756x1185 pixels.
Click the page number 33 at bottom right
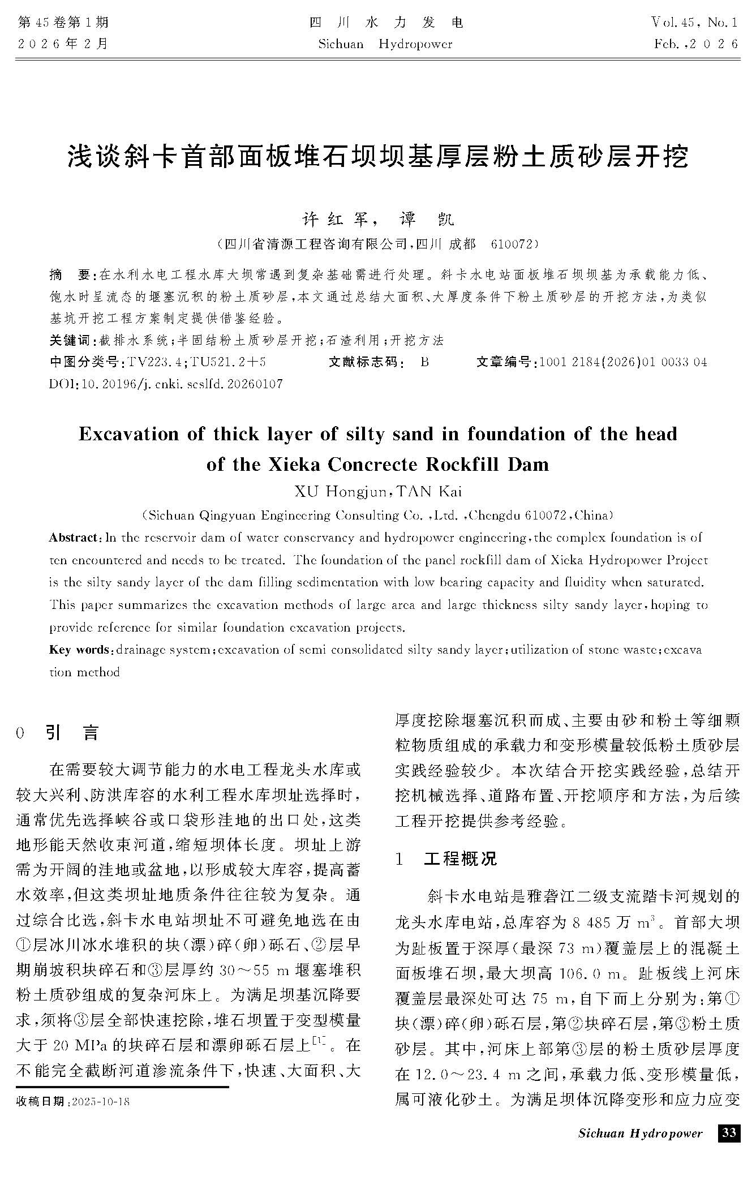729,1132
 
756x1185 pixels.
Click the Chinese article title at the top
378,156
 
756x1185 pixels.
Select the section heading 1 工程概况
446,858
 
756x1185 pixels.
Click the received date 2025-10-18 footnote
74,1102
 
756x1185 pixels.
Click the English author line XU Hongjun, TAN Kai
378,491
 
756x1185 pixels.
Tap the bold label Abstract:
73,537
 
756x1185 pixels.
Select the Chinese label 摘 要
72,276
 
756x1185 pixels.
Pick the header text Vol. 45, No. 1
694,23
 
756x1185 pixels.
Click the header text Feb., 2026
695,44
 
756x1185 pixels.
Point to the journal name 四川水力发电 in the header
386,23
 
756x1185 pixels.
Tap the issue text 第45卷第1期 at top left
63,23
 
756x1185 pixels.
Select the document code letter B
424,362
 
